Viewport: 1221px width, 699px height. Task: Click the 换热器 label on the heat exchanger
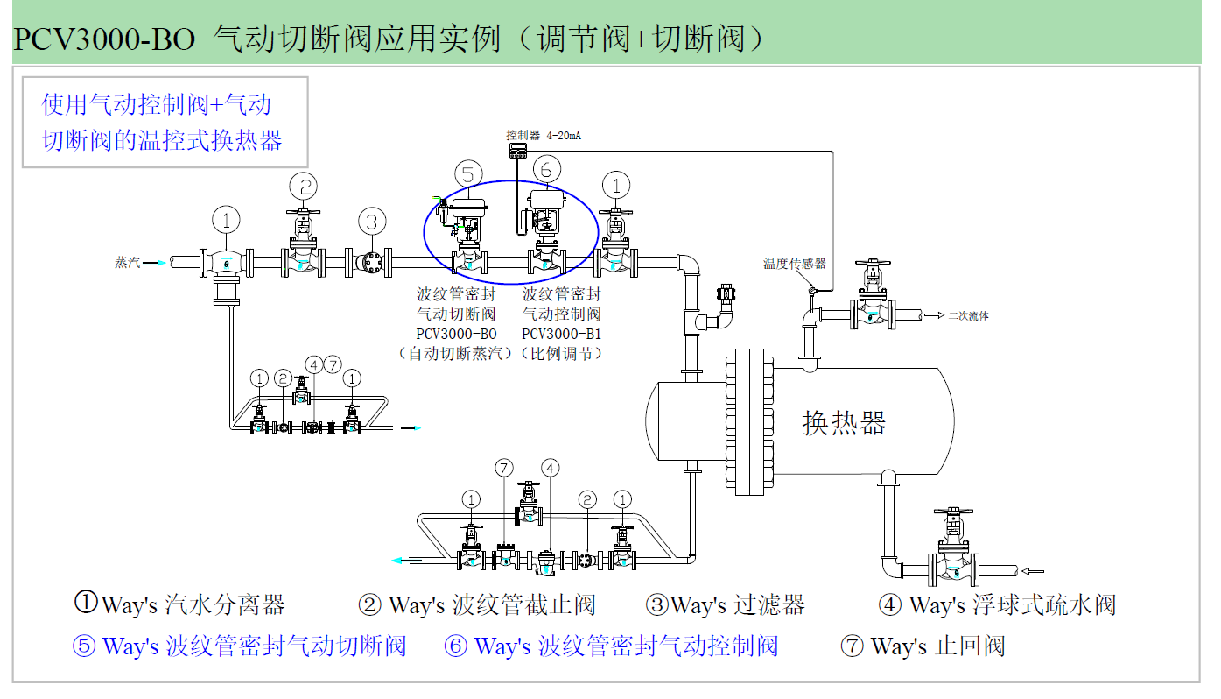(844, 423)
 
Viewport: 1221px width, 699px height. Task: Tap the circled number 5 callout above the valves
(468, 174)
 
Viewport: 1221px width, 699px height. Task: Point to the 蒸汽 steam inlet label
(127, 262)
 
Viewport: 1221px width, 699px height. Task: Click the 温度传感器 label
(794, 263)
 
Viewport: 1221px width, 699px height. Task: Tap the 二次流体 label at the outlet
(968, 315)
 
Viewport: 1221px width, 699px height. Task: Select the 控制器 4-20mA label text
(543, 136)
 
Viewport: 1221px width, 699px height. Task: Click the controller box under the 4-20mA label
(520, 151)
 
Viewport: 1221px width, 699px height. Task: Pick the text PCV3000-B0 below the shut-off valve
(456, 334)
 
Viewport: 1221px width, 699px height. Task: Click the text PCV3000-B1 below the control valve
(561, 334)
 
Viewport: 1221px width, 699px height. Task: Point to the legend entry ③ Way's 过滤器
(725, 604)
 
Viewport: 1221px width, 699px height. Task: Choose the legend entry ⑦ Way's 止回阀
(922, 646)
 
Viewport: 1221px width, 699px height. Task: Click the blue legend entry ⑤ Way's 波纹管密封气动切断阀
(239, 646)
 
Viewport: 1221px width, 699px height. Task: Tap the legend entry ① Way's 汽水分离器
(179, 604)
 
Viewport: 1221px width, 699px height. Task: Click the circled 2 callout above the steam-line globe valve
(305, 186)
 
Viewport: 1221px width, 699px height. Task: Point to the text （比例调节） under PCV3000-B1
(561, 354)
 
